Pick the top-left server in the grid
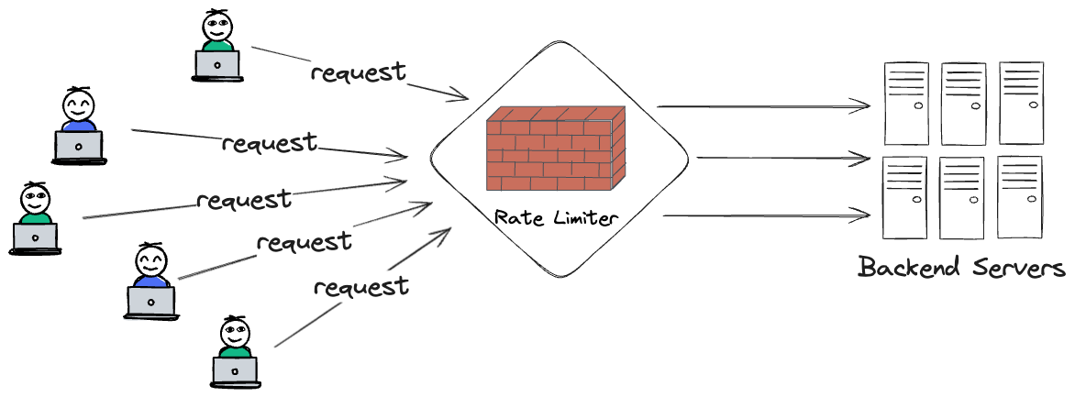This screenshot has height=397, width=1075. (x=903, y=103)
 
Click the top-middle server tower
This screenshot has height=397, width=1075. (x=962, y=103)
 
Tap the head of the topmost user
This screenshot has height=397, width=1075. (x=217, y=23)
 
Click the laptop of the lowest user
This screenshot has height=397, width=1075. (x=235, y=369)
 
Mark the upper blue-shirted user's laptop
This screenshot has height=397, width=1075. (x=78, y=146)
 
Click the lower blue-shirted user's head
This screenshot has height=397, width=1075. (x=150, y=262)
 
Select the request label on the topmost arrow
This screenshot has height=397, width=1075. (x=358, y=72)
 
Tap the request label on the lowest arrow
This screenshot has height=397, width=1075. (x=360, y=287)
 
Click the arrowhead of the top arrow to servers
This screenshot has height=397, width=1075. (x=862, y=106)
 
